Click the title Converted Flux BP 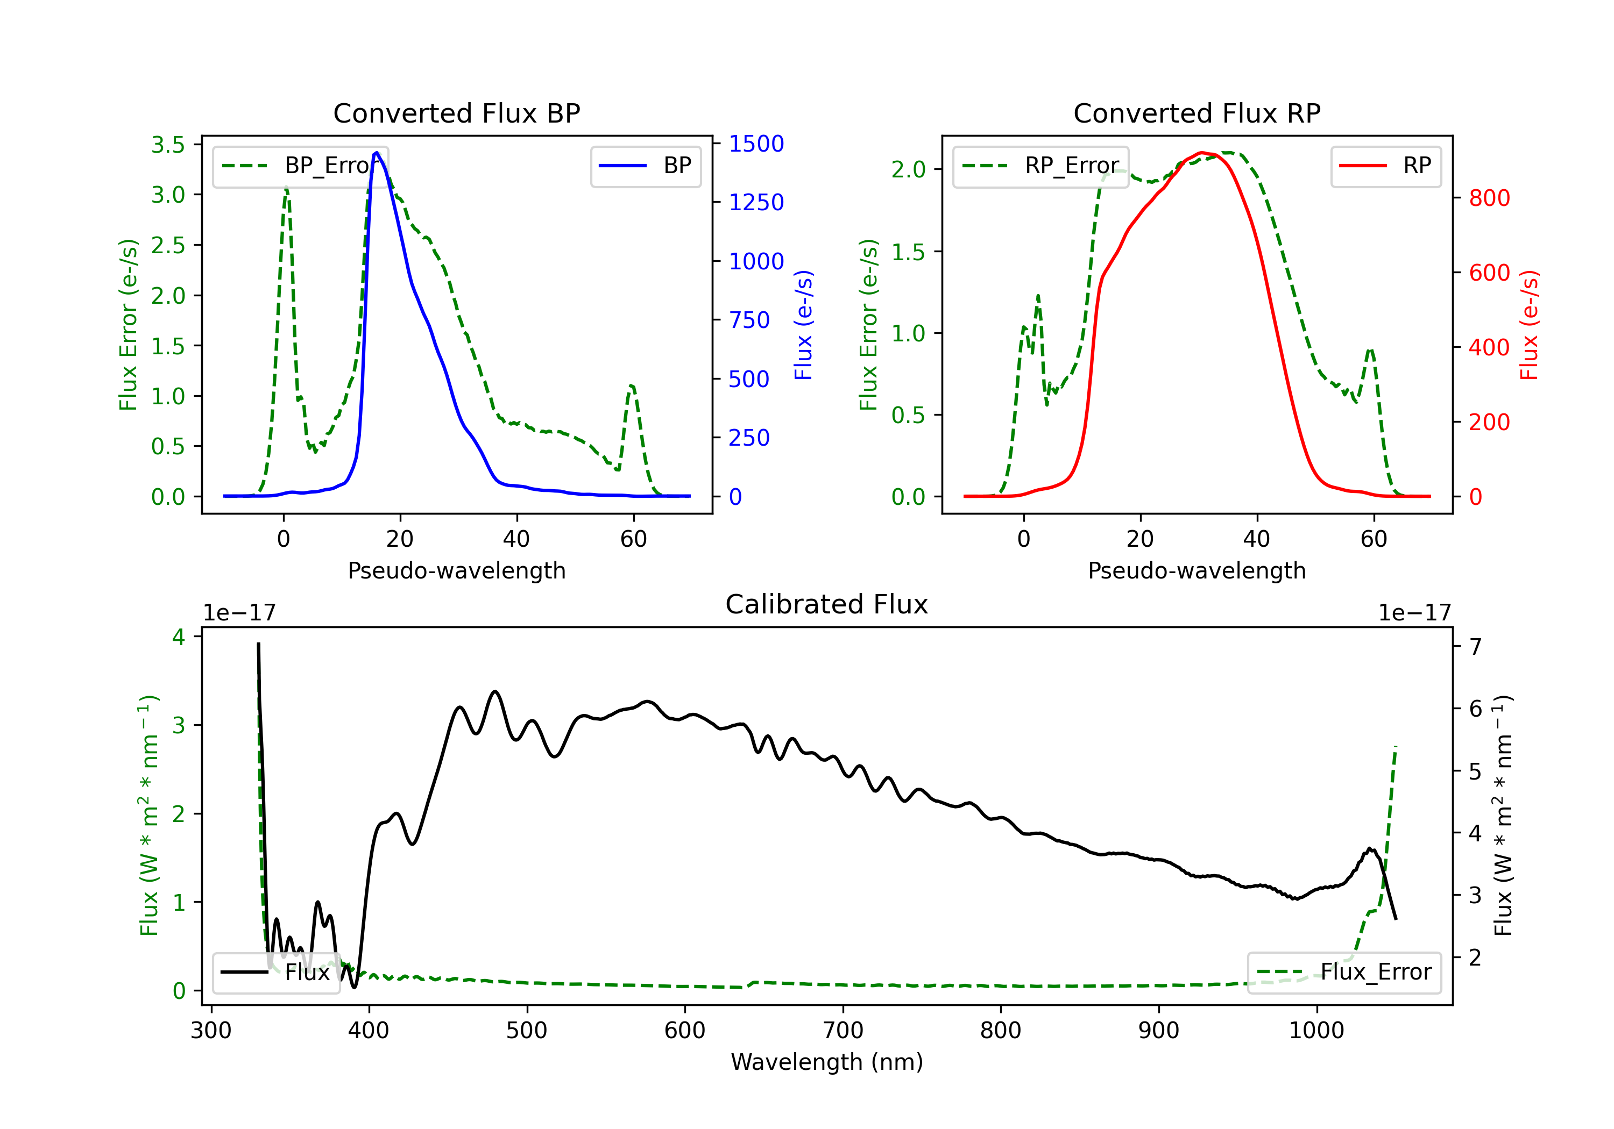click(456, 113)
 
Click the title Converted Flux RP click(1197, 113)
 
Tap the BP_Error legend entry click(300, 166)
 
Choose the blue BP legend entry click(645, 166)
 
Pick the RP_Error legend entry click(1040, 166)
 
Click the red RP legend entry click(1385, 166)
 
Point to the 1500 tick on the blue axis click(756, 144)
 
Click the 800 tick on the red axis click(1489, 198)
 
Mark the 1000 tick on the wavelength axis click(1316, 1030)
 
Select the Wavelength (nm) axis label click(827, 1062)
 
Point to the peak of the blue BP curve click(377, 153)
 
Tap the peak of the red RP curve click(1202, 153)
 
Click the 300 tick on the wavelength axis click(211, 1030)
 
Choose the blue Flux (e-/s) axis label click(803, 325)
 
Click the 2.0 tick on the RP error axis click(908, 169)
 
